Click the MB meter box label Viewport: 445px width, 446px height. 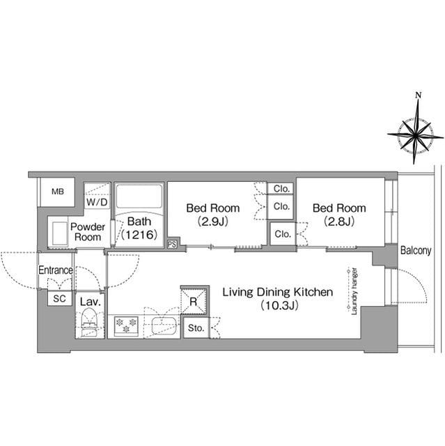tap(58, 192)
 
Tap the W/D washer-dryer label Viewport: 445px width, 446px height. tap(97, 202)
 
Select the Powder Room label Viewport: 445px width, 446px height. tap(88, 232)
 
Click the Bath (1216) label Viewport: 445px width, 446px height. tap(139, 228)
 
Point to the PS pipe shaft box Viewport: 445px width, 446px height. tap(172, 245)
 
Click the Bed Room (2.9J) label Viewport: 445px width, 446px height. tap(213, 214)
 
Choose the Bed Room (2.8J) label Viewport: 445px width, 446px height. tap(339, 214)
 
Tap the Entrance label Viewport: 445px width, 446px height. tap(56, 270)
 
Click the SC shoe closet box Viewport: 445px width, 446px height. tap(60, 298)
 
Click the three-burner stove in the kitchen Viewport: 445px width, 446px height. tap(126, 325)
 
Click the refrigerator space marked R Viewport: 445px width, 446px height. tap(193, 301)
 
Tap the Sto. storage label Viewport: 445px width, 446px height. tap(196, 328)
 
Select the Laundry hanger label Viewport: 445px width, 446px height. tap(354, 291)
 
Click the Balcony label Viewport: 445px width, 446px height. tap(416, 250)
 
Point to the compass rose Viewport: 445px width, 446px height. tap(416, 136)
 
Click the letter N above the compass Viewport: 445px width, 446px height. tap(418, 95)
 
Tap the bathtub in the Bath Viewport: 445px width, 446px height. tap(139, 197)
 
